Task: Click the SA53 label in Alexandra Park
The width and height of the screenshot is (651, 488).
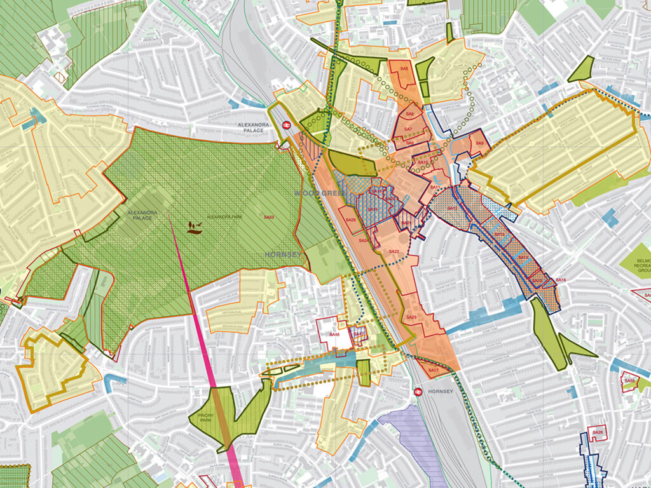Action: [x=269, y=217]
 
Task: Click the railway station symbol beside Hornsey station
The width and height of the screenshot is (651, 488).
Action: [x=418, y=391]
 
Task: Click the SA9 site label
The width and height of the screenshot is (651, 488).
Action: [x=480, y=144]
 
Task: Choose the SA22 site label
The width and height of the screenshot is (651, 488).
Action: [x=394, y=252]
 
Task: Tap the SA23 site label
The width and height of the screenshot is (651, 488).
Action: [x=411, y=317]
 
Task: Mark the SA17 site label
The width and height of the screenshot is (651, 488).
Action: [x=434, y=370]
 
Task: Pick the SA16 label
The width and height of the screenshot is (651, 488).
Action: [x=560, y=280]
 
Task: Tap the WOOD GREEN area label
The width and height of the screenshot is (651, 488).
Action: [x=312, y=192]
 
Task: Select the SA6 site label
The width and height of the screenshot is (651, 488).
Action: [x=410, y=114]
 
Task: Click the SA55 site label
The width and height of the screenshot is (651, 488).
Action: [x=629, y=381]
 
